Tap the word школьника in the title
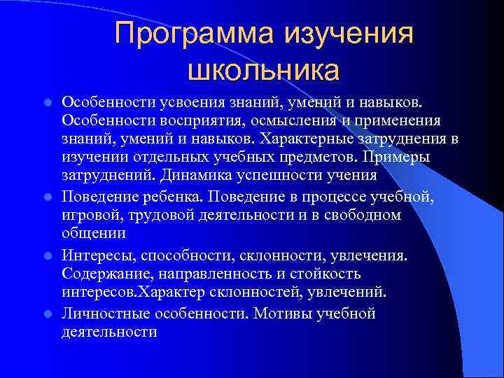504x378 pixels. point(263,71)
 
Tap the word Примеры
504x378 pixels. point(400,156)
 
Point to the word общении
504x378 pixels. point(93,234)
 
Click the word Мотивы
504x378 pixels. point(282,314)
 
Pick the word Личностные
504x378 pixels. point(102,314)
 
